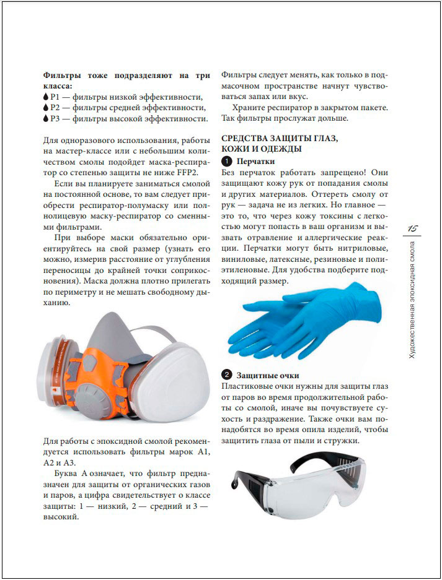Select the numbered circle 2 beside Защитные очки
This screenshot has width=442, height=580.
coord(228,375)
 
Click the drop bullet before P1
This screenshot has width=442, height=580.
coord(46,97)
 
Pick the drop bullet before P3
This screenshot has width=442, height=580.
coord(46,118)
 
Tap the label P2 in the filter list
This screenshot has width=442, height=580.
coord(56,108)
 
